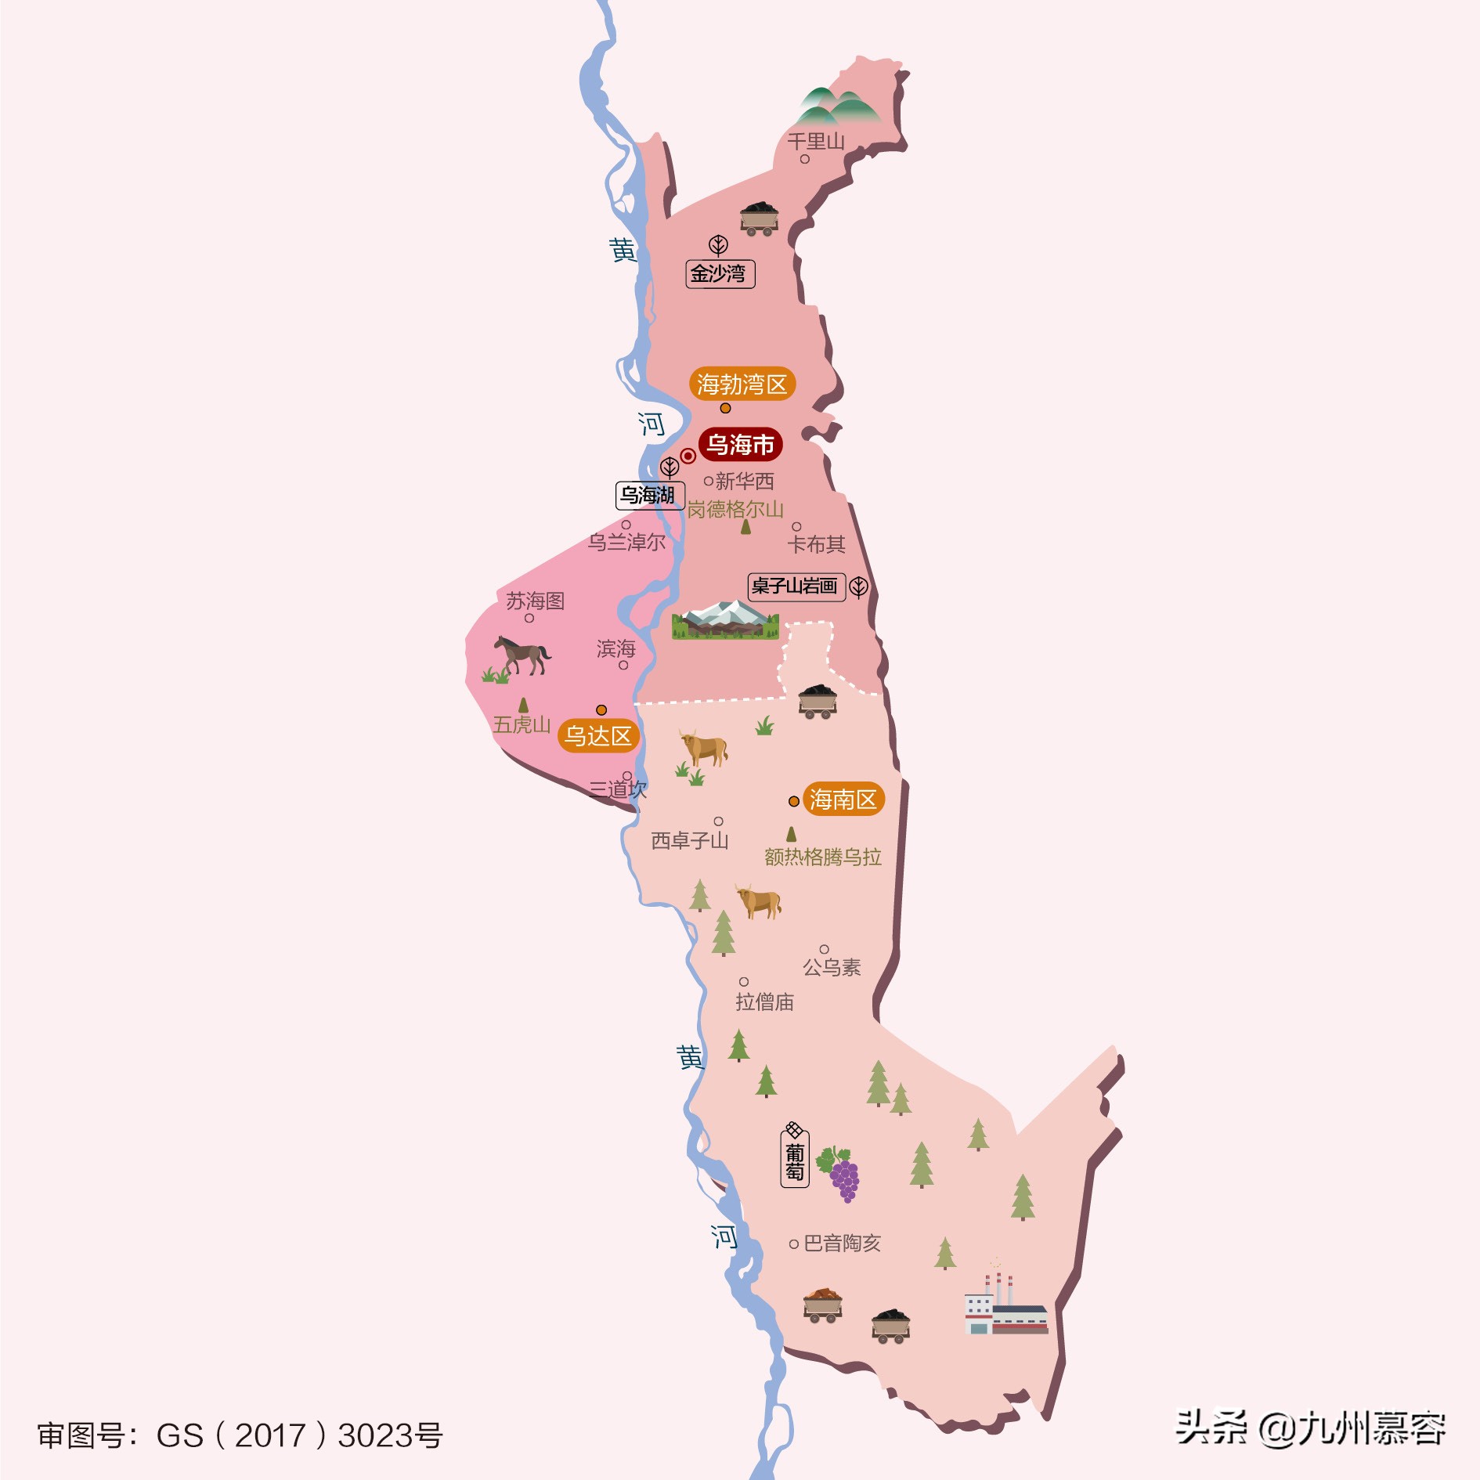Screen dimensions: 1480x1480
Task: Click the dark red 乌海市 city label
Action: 740,445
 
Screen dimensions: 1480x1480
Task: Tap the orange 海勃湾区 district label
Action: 742,384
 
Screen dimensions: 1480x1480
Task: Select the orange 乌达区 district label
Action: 598,736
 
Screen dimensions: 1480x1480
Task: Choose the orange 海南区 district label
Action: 843,800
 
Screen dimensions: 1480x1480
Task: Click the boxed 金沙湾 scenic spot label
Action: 720,273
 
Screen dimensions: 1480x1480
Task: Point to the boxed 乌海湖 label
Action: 649,495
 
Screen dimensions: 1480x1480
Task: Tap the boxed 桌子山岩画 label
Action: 796,586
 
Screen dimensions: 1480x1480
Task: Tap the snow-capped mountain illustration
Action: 725,619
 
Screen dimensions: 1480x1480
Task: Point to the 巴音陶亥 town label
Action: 842,1244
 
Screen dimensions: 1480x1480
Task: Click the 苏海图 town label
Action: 535,601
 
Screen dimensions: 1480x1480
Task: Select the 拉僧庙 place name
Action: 764,1002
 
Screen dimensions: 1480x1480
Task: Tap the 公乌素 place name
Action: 832,968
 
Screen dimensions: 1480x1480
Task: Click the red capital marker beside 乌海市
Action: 688,456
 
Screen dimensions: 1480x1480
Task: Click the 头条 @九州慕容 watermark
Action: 1310,1428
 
